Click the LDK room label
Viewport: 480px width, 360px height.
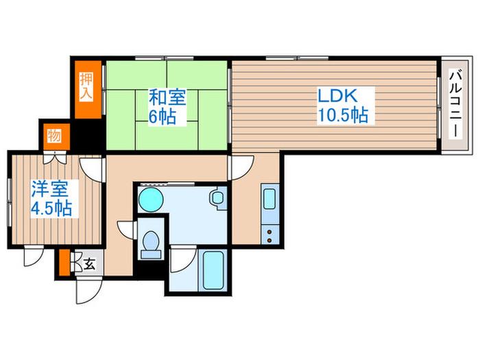pos(337,96)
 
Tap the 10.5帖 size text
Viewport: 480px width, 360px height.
pos(343,115)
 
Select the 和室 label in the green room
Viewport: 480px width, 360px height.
pos(167,97)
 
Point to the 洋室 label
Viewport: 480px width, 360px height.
pos(50,189)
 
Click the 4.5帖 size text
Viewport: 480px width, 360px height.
pos(51,208)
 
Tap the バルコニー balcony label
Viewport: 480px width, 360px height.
pos(455,104)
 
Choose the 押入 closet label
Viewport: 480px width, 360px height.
pos(86,86)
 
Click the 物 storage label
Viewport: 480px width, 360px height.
pos(54,135)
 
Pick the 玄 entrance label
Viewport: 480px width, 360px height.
pos(89,264)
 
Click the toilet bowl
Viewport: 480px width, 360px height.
pos(151,243)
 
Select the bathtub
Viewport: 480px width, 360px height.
pos(213,271)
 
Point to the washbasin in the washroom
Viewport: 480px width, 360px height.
pos(217,197)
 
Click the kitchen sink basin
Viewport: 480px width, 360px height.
pos(269,200)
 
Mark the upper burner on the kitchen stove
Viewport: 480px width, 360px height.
pos(269,232)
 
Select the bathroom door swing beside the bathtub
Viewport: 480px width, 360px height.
pos(183,259)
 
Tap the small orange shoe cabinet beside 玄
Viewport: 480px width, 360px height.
pos(64,263)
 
